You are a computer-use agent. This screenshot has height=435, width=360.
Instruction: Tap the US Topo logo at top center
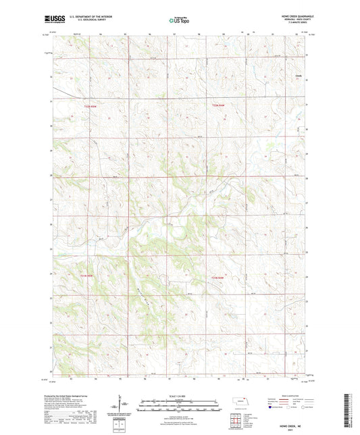pyautogui.click(x=180, y=21)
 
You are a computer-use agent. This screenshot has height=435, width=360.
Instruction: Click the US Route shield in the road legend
pyautogui.click(x=290, y=407)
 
